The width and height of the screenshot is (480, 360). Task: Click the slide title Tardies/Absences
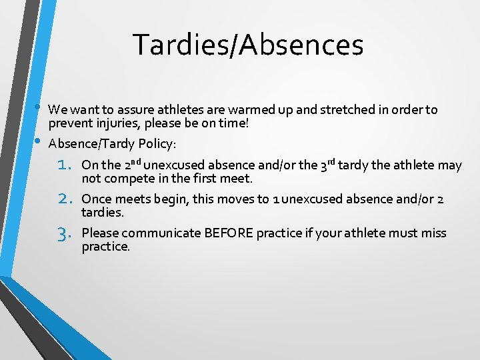point(248,45)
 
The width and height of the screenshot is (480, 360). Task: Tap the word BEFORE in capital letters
point(228,233)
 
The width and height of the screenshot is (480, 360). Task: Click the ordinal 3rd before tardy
point(327,165)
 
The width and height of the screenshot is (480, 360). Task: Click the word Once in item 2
point(95,199)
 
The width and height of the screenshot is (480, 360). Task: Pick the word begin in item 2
point(172,199)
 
